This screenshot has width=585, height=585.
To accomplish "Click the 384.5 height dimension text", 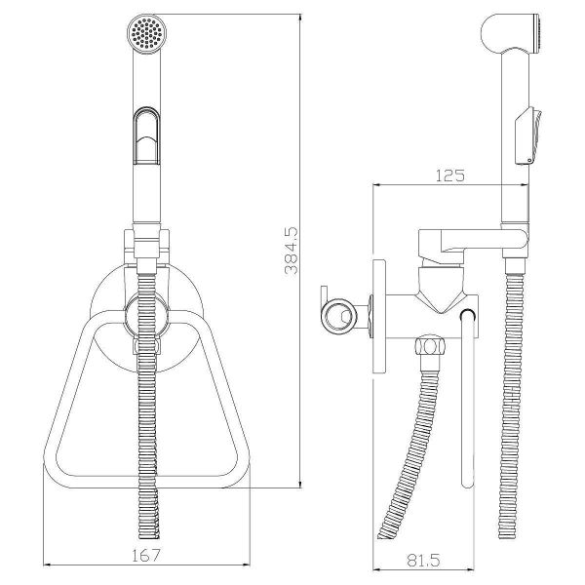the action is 292,251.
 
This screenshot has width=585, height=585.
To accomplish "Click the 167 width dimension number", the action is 146,556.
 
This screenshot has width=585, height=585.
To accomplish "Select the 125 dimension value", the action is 450,175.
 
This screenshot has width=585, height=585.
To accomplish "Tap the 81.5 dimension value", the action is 423,561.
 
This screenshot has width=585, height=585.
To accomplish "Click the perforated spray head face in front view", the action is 146,33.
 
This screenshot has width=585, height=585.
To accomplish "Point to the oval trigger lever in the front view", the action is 146,136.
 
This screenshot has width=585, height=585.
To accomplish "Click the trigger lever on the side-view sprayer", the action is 527,136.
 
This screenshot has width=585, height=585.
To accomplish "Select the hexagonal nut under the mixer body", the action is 430,346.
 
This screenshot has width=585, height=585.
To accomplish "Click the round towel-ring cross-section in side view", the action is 338,317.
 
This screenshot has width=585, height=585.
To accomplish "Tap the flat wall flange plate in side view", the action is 379,317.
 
